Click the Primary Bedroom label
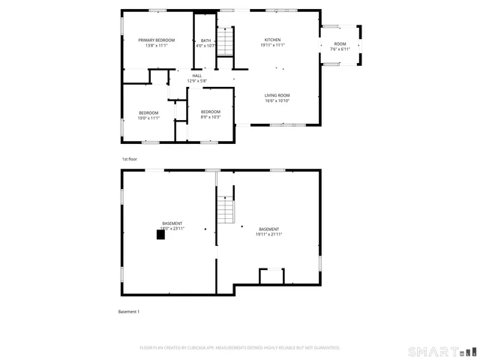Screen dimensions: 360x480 156,40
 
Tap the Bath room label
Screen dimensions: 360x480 205,40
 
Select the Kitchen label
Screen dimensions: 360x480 272,40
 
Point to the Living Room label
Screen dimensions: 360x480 277,95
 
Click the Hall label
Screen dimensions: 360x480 196,76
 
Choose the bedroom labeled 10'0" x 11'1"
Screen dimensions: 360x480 148,112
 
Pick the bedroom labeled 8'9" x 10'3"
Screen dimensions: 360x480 210,112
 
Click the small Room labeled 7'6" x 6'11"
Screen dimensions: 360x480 340,43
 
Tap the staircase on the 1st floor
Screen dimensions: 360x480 226,40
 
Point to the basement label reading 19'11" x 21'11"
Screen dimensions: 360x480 268,234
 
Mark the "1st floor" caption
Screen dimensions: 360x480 130,159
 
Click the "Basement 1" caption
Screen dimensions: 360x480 129,311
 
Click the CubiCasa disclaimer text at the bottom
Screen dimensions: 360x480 240,348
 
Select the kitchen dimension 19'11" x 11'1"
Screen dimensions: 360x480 272,45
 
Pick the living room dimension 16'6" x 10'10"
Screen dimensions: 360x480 277,100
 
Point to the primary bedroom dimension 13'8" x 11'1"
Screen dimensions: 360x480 156,45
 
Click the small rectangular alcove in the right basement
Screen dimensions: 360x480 271,276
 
